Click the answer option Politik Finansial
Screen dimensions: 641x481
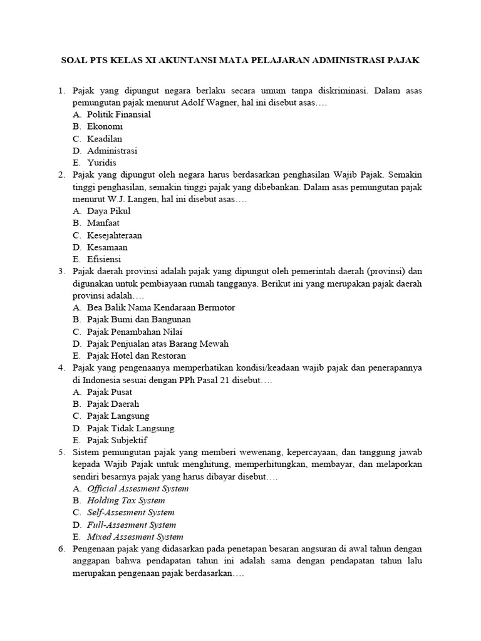pos(119,115)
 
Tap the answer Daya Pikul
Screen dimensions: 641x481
pos(109,211)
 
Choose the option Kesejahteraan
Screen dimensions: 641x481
pos(115,235)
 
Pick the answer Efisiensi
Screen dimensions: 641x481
pos(104,259)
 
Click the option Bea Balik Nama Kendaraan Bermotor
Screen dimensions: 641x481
pos(161,307)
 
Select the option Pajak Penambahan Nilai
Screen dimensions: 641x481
pos(135,332)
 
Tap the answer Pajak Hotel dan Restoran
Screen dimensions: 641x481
pos(137,356)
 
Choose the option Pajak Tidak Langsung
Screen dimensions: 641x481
pos(131,428)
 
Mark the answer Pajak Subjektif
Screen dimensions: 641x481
pos(118,440)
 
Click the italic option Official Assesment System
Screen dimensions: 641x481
pos(138,488)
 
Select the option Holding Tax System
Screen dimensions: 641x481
pos(126,500)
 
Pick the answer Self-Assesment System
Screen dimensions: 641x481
pos(131,513)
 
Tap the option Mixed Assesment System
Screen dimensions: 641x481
pos(135,536)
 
